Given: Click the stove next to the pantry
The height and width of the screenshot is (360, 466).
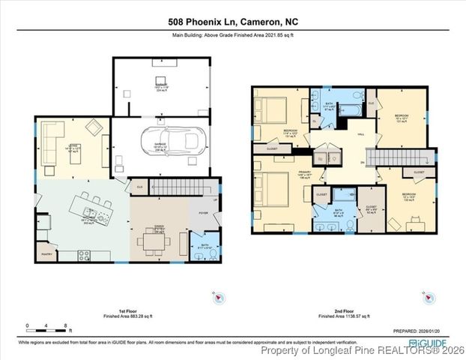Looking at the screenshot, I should coord(84,254).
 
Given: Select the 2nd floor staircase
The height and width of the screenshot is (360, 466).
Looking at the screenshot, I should coord(423,157).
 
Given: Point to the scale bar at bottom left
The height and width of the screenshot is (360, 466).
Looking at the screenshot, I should coord(47,328).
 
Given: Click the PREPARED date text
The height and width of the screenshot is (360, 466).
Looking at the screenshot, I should coord(422,331).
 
